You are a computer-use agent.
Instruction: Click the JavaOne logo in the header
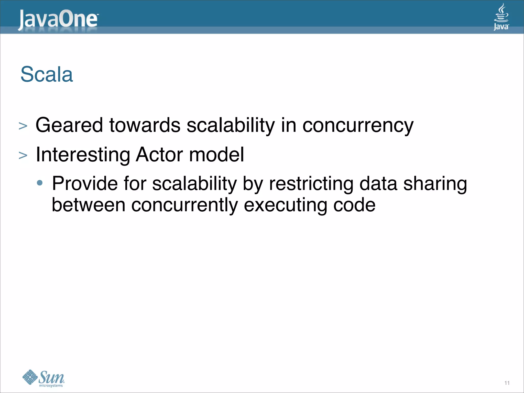click(x=58, y=20)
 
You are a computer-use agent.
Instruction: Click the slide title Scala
click(x=47, y=74)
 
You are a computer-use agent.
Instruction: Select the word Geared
click(x=69, y=125)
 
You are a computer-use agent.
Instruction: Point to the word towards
click(x=145, y=125)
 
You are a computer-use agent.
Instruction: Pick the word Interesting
click(x=83, y=155)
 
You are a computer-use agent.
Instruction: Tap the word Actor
click(x=159, y=155)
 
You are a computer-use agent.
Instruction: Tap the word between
click(x=88, y=205)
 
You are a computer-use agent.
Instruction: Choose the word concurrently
click(x=184, y=205)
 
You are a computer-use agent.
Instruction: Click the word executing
click(x=285, y=205)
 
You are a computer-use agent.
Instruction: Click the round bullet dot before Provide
click(x=40, y=183)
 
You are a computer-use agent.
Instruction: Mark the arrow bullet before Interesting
click(x=23, y=155)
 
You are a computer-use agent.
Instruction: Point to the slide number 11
click(x=507, y=383)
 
